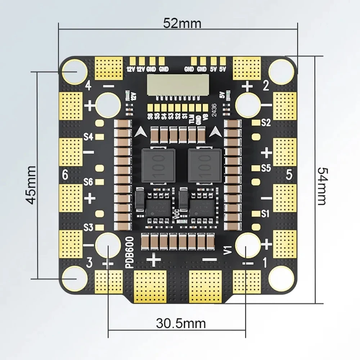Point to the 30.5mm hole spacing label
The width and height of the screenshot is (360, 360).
click(x=181, y=323)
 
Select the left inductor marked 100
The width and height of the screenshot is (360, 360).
click(x=158, y=165)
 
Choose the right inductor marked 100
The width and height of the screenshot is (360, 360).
click(x=204, y=165)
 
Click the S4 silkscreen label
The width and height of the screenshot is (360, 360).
click(x=89, y=137)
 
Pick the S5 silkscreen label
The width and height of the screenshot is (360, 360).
click(x=266, y=168)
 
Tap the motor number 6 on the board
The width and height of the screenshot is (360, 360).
click(x=65, y=175)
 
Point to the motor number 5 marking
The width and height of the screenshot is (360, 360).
click(x=289, y=175)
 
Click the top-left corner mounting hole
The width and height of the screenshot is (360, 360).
click(x=74, y=72)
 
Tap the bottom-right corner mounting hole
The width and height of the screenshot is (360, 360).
click(x=282, y=278)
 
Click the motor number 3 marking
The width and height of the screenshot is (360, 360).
click(x=90, y=263)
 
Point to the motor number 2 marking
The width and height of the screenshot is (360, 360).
click(x=266, y=86)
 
